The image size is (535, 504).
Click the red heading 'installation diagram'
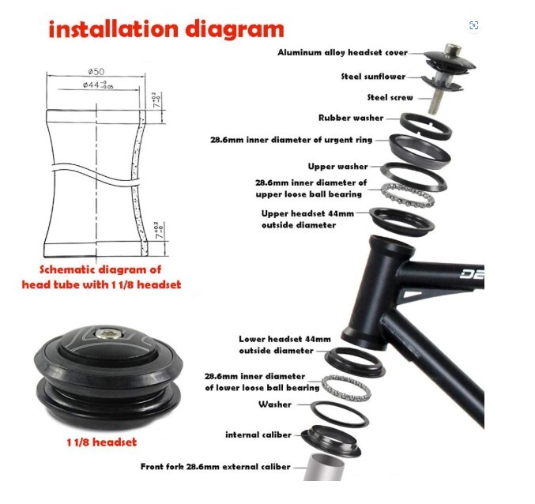166,29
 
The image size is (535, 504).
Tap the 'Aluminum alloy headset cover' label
342,53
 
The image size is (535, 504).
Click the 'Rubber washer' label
351,118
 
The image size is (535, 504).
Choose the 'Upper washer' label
337,167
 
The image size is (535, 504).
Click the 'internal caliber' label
258,434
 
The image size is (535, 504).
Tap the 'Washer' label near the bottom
274,404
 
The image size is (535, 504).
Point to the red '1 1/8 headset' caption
100,442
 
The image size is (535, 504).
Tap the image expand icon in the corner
473,25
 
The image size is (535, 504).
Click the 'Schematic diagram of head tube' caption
101,276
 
